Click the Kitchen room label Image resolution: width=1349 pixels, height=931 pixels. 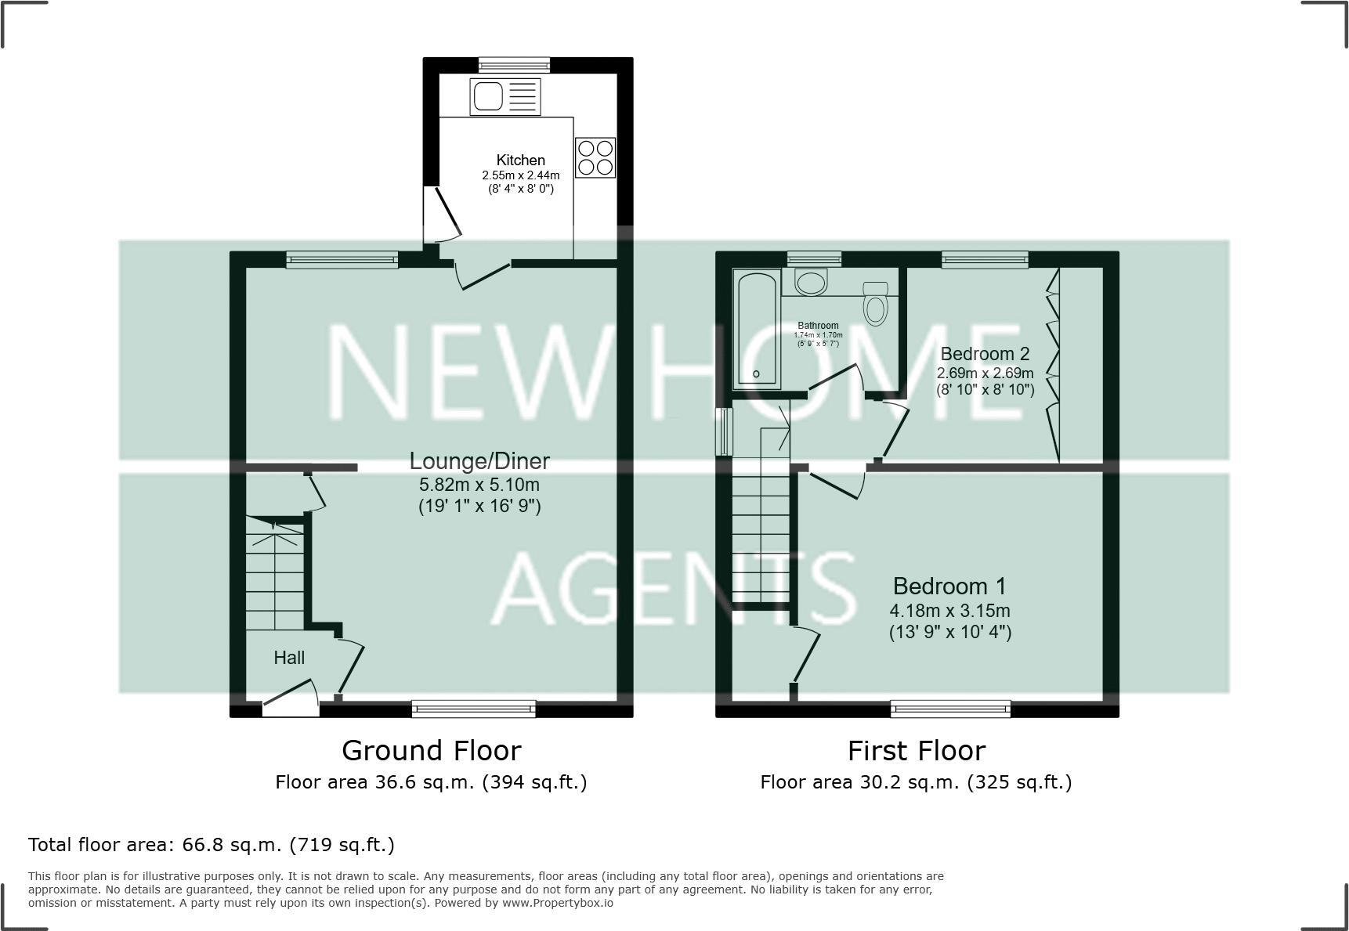[520, 161]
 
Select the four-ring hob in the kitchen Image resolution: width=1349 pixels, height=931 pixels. [595, 157]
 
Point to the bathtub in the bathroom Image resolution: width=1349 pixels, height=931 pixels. [757, 327]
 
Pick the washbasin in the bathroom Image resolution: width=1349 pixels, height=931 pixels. [810, 281]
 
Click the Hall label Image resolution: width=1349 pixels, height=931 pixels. [289, 658]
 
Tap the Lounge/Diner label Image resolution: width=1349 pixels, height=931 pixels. [479, 461]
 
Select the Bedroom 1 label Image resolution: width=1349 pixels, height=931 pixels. [949, 586]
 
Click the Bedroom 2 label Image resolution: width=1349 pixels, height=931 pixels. [985, 354]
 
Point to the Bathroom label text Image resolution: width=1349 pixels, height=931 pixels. [818, 326]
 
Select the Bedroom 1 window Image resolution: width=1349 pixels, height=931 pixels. [950, 709]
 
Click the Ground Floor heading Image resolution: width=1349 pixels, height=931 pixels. [432, 751]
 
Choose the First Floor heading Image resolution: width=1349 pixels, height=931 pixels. [916, 751]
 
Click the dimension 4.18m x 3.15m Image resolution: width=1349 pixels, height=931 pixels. [949, 611]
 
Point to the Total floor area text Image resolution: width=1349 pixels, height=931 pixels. [212, 845]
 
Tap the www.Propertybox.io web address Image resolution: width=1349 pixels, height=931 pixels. [557, 903]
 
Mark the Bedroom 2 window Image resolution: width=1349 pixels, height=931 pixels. [985, 259]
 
